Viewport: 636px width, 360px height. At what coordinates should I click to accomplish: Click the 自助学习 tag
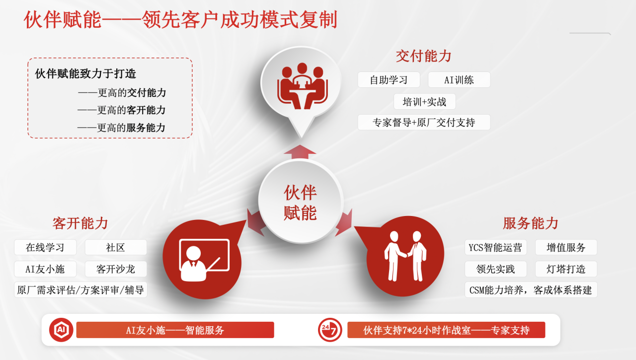389,80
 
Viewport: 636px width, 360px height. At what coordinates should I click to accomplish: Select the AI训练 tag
459,80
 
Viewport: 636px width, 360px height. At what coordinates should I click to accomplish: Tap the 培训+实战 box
424,102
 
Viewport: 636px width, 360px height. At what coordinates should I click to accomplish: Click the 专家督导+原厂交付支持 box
424,122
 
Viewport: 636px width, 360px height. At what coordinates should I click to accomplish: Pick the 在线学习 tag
45,247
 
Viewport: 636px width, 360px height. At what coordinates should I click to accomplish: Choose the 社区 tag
116,247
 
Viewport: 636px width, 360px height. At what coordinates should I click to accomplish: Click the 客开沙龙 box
116,269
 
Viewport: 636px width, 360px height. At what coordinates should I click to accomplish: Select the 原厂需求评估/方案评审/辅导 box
80,289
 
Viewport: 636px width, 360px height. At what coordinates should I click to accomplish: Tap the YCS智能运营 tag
495,247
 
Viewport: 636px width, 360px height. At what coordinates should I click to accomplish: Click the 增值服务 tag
566,247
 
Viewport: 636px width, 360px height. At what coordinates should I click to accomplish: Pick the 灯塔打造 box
566,269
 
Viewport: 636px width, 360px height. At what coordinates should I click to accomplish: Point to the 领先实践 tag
495,269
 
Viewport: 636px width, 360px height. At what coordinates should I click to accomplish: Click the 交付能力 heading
423,56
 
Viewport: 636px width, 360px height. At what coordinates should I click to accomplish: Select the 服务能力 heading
530,223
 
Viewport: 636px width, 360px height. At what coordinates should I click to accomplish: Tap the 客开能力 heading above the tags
80,223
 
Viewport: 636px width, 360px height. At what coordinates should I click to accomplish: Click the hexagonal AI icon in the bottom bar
61,330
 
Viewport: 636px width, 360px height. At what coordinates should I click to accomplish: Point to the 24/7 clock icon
329,330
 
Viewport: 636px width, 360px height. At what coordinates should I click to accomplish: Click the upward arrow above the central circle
300,152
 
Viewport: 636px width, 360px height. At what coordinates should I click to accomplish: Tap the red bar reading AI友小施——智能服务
175,330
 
